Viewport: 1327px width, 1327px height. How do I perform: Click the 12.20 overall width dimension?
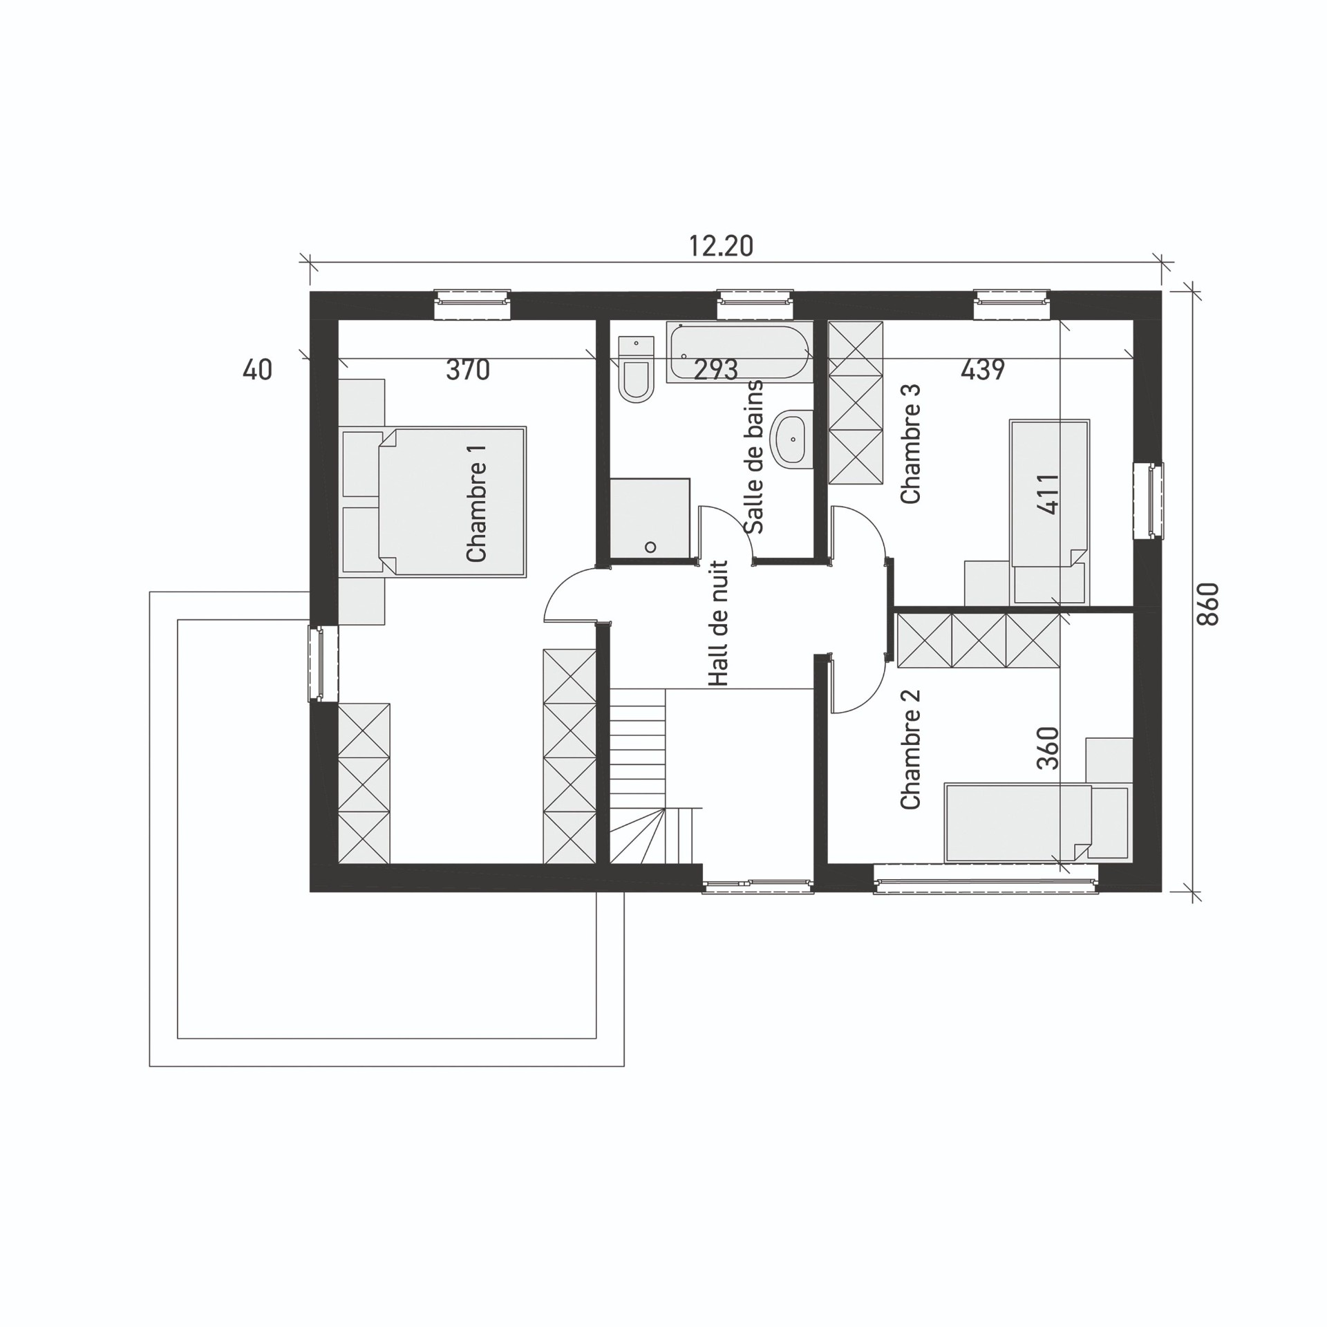pos(721,246)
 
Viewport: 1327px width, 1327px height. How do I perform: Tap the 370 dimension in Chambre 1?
pos(468,370)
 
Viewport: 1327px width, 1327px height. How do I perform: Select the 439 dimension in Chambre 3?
pos(982,370)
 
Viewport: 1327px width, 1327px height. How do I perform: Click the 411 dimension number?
pos(1048,493)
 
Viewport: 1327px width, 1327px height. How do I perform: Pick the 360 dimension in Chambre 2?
pos(1048,748)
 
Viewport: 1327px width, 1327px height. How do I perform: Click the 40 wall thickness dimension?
pos(257,370)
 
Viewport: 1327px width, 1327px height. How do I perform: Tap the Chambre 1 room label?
pos(477,503)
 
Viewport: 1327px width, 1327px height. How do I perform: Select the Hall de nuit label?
pos(719,623)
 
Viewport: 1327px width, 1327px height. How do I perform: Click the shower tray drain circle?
pos(650,547)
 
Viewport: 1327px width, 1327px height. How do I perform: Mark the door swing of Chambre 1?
pos(571,594)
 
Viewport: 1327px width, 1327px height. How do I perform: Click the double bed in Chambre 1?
pos(453,501)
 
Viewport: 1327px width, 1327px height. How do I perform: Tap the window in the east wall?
pos(1149,501)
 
